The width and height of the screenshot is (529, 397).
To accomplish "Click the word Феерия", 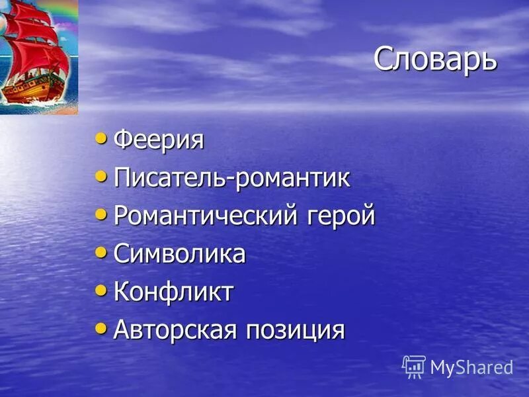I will (159, 140).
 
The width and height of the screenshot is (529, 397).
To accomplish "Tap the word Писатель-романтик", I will (231, 178).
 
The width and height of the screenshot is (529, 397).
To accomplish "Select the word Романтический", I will (206, 216).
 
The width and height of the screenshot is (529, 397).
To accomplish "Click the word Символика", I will (179, 254).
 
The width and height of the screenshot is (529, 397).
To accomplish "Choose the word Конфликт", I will (173, 292).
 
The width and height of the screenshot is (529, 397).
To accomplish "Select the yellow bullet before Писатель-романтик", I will (101, 176).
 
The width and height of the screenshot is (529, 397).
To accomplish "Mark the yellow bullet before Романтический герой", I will (101, 214).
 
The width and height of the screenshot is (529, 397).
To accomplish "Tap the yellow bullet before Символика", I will (101, 251).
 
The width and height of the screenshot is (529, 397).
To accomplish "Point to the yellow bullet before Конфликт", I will (101, 289).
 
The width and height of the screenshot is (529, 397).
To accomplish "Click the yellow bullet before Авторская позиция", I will (101, 327).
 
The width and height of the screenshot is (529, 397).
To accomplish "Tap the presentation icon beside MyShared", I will (414, 367).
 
